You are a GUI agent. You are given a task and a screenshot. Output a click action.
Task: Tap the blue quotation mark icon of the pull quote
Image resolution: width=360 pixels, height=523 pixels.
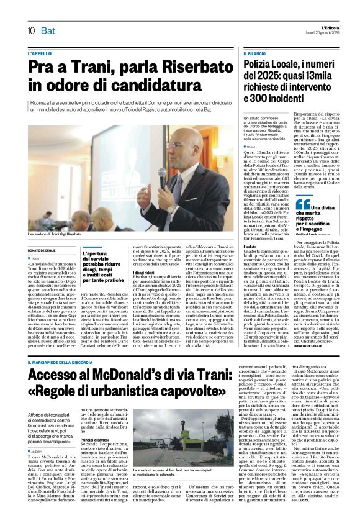coord(303,204)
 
